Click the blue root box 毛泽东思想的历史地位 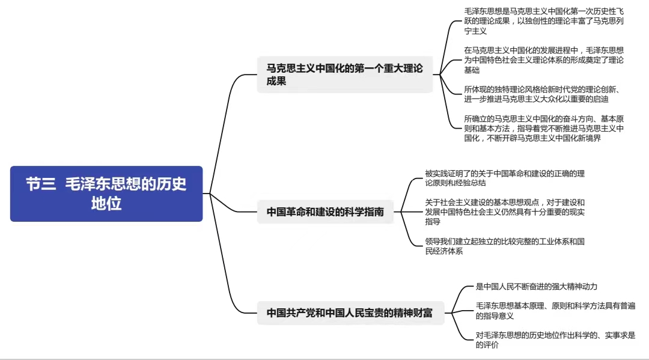pos(106,194)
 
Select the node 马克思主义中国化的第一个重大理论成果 pos(345,75)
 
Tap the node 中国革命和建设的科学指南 pos(325,212)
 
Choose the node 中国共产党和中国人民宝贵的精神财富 pos(350,313)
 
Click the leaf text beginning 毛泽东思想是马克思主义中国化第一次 pos(544,21)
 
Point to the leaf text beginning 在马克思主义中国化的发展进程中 pos(544,60)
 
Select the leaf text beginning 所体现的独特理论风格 pos(542,94)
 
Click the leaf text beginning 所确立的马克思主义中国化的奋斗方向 pos(544,128)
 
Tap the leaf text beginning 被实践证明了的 pos(505,178)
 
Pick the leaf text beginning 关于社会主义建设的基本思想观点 pos(505,212)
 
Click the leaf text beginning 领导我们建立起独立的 pos(505,246)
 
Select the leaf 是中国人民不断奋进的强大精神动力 pos(537,286)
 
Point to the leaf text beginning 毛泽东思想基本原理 pos(555,311)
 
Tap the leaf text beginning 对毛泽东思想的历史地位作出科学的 pos(555,340)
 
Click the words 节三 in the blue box pos(41,184)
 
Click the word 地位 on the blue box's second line pos(106,203)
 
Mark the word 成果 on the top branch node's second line pos(276,81)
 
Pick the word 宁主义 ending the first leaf pos(475,31)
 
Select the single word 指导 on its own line pos(433,221)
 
